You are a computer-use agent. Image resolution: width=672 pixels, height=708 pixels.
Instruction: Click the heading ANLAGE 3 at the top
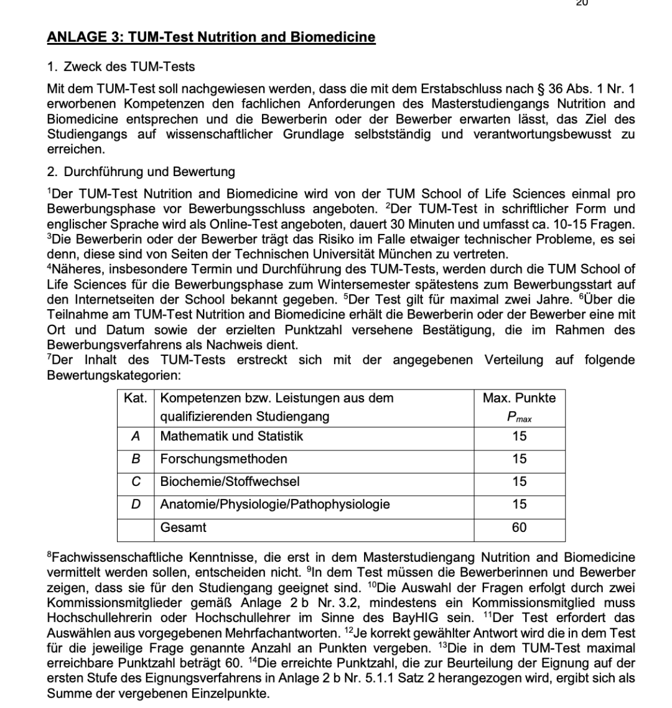click(x=211, y=37)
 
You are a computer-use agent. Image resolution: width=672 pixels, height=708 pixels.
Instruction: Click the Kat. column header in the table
click(x=136, y=398)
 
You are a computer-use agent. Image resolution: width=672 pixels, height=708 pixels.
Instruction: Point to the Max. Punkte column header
click(x=519, y=398)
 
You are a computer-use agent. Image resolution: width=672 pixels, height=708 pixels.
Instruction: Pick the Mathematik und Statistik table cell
click(x=231, y=437)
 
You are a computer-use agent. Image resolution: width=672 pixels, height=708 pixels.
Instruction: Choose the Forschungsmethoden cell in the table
click(x=223, y=459)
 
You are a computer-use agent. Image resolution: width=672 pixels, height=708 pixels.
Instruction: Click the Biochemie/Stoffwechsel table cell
click(x=230, y=482)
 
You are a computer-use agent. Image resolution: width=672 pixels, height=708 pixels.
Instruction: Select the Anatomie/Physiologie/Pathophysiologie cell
click(x=275, y=505)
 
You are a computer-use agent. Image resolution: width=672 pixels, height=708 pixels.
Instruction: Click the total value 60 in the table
click(x=519, y=528)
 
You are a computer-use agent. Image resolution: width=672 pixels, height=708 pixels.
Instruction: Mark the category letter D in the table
click(x=135, y=505)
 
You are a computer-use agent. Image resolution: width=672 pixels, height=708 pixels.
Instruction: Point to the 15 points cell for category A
click(x=519, y=437)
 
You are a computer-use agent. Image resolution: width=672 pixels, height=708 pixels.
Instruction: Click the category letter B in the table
click(x=135, y=459)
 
